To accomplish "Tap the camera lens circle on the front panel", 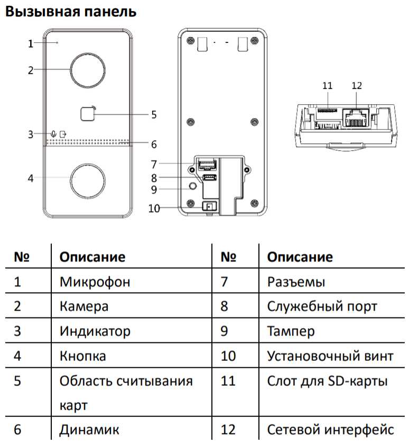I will (x=87, y=69).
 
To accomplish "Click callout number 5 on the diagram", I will (x=153, y=114).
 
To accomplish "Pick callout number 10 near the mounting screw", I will (x=154, y=208).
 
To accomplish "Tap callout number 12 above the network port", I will (x=357, y=85).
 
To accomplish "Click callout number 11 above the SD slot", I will (x=327, y=85).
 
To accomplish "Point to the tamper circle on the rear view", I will (x=193, y=186).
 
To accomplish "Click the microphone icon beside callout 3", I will (x=54, y=134).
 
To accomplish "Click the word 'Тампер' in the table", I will (x=291, y=331).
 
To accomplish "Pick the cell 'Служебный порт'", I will (x=322, y=306).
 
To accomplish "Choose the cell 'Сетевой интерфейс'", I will (x=330, y=429).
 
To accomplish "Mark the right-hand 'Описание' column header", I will (x=300, y=257).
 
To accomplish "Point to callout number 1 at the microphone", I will (x=31, y=44).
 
